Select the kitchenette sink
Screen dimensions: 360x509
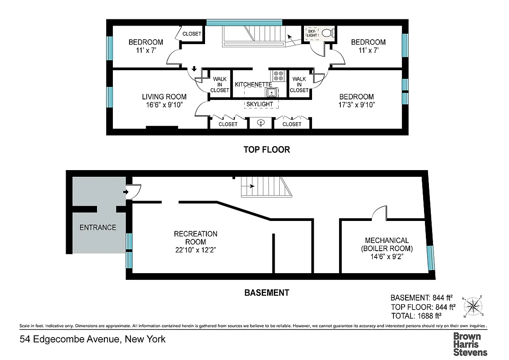pyautogui.click(x=272, y=93)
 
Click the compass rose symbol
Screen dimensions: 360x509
pyautogui.click(x=474, y=307)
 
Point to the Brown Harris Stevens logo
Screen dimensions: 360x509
pyautogui.click(x=470, y=344)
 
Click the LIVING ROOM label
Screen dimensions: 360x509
pyautogui.click(x=164, y=97)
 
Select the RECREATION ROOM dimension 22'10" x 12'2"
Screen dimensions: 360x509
pyautogui.click(x=196, y=250)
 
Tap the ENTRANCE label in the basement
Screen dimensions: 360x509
pyautogui.click(x=98, y=227)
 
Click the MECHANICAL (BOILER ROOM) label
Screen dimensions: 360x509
pyautogui.click(x=387, y=244)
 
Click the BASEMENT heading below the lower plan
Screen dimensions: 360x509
pyautogui.click(x=267, y=292)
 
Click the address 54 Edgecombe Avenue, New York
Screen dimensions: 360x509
pyautogui.click(x=93, y=339)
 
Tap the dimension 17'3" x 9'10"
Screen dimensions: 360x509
pyautogui.click(x=357, y=105)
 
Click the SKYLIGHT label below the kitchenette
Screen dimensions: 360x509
pyautogui.click(x=259, y=104)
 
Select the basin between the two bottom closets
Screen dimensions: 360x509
pyautogui.click(x=261, y=123)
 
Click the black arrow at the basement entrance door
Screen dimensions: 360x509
pyautogui.click(x=125, y=192)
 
